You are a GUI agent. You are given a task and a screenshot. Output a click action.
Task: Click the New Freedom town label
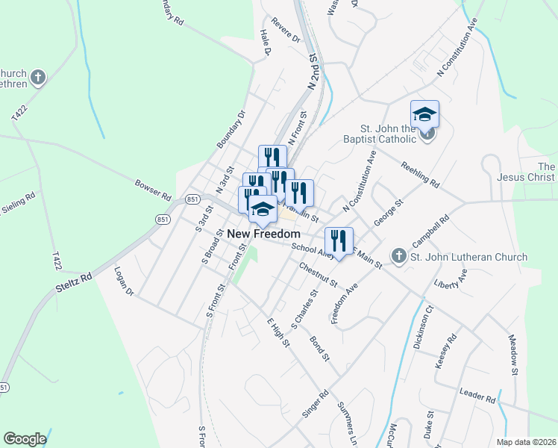pyautogui.click(x=263, y=234)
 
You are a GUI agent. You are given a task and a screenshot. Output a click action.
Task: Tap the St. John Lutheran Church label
pyautogui.click(x=469, y=257)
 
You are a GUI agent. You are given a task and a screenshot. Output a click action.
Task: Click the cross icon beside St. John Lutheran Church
pyautogui.click(x=399, y=256)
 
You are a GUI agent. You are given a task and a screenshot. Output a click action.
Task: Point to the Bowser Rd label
pyautogui.click(x=154, y=188)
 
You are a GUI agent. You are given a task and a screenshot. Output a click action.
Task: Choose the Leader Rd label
pyautogui.click(x=478, y=398)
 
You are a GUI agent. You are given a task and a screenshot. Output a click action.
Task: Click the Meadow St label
pyautogui.click(x=513, y=355)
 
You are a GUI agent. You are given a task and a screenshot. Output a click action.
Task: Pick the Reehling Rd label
pyautogui.click(x=420, y=175)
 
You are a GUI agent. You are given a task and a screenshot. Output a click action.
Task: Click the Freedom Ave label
pyautogui.click(x=345, y=304)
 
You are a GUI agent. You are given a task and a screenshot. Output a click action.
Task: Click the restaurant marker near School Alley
pyautogui.click(x=339, y=240)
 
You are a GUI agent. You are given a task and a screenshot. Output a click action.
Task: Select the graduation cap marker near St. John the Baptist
pyautogui.click(x=424, y=114)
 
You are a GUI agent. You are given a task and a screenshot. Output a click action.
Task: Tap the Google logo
pyautogui.click(x=25, y=439)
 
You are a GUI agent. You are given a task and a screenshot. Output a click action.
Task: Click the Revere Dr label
pyautogui.click(x=285, y=30)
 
